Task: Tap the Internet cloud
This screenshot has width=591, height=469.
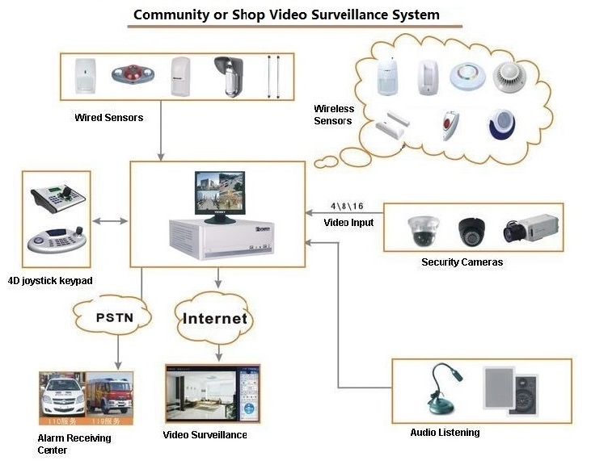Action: pos(214,318)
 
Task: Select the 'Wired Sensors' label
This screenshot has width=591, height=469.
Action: pos(108,118)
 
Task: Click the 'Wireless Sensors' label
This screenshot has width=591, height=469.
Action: pos(333,115)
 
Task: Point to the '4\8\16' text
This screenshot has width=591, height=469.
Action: pos(348,207)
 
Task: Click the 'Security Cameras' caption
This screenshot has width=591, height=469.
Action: pos(462,262)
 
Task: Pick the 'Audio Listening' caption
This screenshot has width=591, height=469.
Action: pos(445,433)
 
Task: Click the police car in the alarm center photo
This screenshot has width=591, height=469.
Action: pos(62,396)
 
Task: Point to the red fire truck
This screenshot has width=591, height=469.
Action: pos(109,396)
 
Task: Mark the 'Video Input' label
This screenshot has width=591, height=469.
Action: pos(348,222)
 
